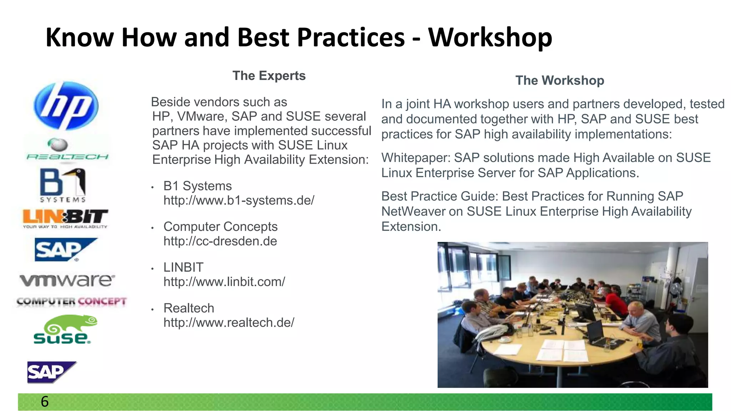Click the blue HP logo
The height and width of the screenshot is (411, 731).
point(66,106)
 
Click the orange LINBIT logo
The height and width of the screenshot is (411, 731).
point(65,218)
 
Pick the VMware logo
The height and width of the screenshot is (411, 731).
point(67,280)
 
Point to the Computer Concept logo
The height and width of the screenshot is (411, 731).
point(71,301)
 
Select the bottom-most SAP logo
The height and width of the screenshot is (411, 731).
point(51,372)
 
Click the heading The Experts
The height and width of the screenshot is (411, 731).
point(269,76)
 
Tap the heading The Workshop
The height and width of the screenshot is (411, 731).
point(559,80)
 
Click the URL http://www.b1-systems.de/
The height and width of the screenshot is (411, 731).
point(239,201)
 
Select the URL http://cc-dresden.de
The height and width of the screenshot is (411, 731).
point(220,241)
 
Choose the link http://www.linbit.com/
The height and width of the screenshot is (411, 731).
point(224,282)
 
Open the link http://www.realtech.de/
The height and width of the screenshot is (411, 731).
point(229,323)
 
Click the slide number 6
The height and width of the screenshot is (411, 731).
point(45,402)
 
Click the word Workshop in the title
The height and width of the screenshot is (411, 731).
point(490,37)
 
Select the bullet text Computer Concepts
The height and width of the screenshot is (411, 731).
point(220,227)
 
